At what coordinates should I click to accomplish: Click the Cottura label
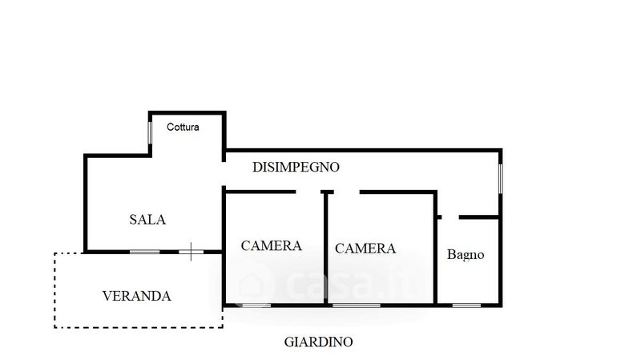click(x=183, y=127)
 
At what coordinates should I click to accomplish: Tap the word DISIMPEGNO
click(x=296, y=168)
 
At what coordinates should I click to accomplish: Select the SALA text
click(x=147, y=219)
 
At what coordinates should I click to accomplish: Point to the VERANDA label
click(x=137, y=295)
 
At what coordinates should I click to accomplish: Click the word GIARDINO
click(x=319, y=342)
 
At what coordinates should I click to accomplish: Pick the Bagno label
click(x=466, y=255)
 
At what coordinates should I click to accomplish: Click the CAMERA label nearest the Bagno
click(x=365, y=249)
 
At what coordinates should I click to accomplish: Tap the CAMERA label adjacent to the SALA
click(x=272, y=245)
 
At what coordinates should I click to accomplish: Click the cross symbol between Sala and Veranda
click(x=191, y=251)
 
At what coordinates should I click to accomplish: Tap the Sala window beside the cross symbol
click(x=145, y=252)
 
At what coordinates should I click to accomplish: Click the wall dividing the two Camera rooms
click(x=326, y=249)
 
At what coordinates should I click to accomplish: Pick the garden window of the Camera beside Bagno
click(x=357, y=305)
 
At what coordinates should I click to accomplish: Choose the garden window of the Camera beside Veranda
click(x=256, y=305)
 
